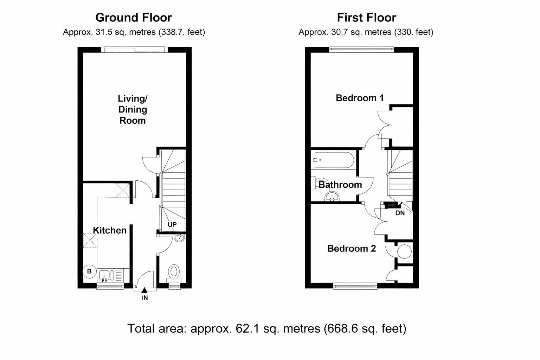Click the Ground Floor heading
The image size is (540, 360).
tap(134, 18)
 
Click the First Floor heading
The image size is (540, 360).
tap(366, 18)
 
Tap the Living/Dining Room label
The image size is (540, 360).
tap(133, 109)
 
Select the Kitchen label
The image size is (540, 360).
tap(110, 230)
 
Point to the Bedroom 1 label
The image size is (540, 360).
tap(359, 98)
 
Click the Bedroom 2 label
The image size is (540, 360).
tap(351, 249)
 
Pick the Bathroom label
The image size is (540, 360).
tap(340, 185)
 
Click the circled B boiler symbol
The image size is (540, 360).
tap(89, 271)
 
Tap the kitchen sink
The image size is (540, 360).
tap(105, 275)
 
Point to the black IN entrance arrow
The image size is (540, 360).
tap(144, 290)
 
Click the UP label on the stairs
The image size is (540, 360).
tap(172, 225)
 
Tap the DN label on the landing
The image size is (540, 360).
tap(400, 213)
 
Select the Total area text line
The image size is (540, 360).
tap(266, 328)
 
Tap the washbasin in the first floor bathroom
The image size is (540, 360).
tap(332, 197)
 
